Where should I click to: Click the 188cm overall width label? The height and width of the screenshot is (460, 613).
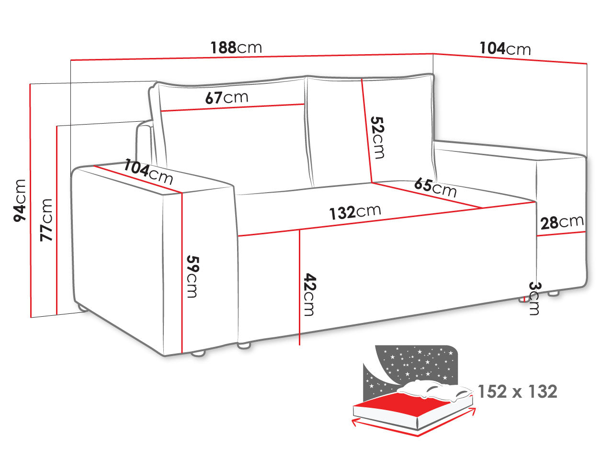236,47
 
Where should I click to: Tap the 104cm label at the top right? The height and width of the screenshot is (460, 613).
505,48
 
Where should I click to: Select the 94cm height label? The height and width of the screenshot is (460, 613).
20,201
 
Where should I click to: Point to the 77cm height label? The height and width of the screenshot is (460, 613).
46,220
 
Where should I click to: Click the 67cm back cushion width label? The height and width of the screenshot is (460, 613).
227,97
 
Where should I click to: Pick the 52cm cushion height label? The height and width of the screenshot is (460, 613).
377,138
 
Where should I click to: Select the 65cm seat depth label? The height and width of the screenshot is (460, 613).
435,187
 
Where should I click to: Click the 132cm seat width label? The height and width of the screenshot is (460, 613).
355,212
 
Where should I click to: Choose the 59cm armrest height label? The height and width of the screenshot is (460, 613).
193,276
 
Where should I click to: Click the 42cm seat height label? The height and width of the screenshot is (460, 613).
310,294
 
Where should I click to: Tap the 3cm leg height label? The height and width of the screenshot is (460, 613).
535,299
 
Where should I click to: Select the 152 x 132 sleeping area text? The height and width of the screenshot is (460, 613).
518,391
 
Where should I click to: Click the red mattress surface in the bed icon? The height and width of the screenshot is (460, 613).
402,402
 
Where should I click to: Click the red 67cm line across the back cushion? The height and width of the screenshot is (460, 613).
233,108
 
